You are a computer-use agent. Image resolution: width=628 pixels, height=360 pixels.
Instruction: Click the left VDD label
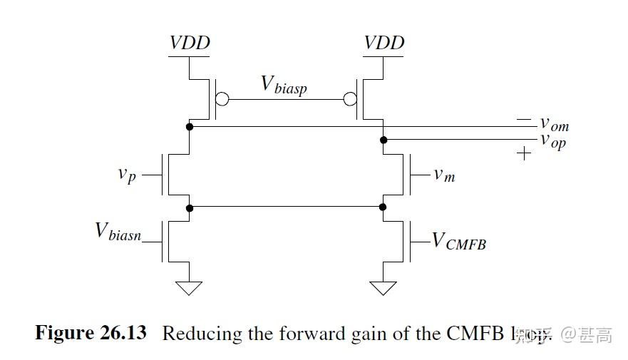click(x=190, y=43)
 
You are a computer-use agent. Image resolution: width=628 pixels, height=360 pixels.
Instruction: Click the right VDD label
click(x=384, y=43)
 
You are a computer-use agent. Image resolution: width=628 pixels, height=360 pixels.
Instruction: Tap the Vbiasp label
click(x=284, y=86)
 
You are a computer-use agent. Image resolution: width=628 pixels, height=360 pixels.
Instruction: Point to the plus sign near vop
click(x=524, y=153)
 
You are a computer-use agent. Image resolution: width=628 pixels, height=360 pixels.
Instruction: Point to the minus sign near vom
click(x=524, y=118)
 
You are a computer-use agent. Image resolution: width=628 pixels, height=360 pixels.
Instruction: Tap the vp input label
click(x=127, y=175)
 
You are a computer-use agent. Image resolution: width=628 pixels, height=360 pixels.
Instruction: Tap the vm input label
click(x=444, y=174)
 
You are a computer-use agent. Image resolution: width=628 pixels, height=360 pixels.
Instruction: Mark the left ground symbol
click(x=190, y=287)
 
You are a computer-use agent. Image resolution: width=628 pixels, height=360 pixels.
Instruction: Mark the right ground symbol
click(x=384, y=287)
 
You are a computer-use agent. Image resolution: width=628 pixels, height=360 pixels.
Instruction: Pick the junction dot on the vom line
click(x=190, y=127)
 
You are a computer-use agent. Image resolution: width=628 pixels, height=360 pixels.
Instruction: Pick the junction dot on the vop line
click(x=384, y=140)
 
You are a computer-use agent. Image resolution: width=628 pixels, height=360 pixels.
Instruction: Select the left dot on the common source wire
click(x=190, y=207)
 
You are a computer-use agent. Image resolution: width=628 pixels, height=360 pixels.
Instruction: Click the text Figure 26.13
click(x=91, y=333)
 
